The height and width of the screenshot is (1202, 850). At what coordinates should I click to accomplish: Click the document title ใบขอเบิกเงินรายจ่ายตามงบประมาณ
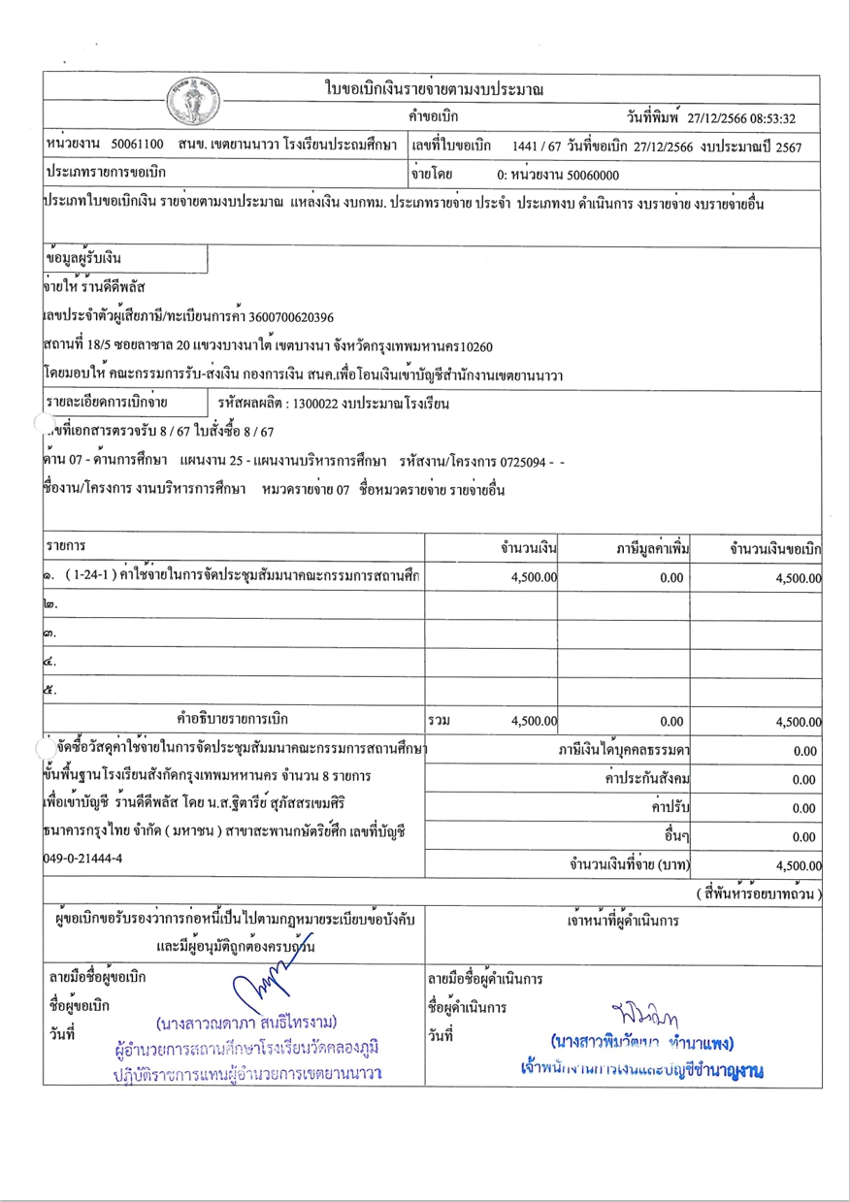433,90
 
